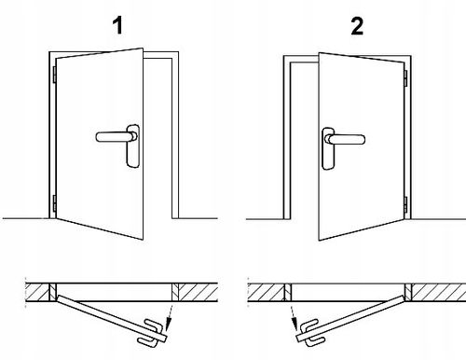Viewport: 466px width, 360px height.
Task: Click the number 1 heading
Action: point(118,25)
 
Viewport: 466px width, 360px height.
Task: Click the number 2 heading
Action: point(357,26)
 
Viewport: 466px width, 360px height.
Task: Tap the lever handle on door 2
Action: point(345,139)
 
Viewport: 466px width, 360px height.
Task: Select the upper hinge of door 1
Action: point(54,75)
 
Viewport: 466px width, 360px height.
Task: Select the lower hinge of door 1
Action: point(54,203)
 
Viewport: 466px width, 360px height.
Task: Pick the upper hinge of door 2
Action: point(405,78)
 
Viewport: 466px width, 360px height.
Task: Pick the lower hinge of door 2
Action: point(405,204)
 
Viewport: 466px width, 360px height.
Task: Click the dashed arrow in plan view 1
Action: point(169,318)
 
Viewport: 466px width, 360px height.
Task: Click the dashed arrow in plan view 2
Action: point(294,318)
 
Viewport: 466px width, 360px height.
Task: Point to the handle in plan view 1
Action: point(150,333)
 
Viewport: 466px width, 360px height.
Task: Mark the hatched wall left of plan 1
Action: point(37,292)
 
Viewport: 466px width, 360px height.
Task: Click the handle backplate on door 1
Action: point(133,146)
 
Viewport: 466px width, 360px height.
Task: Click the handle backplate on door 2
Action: point(328,148)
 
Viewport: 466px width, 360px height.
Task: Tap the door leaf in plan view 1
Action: point(112,318)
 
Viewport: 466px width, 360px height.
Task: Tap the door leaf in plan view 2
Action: point(351,319)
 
